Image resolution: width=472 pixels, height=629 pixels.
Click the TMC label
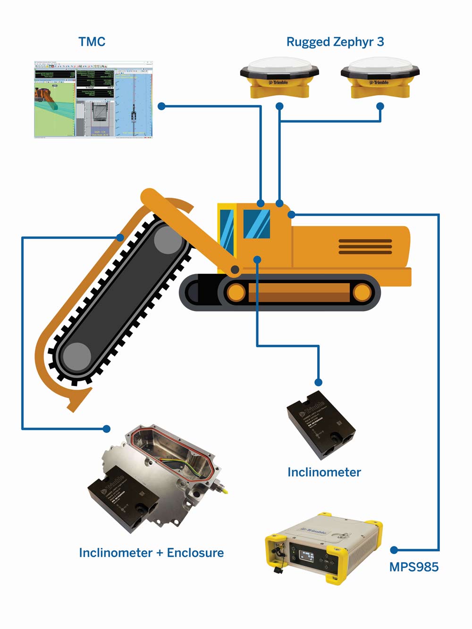92,42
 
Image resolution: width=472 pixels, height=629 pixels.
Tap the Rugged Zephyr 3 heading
335,42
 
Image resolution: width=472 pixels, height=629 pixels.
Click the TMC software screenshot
93,99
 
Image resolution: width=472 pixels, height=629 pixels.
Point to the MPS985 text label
413,567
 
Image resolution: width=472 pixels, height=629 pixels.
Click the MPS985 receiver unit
323,547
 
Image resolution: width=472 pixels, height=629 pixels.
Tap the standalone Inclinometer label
324,472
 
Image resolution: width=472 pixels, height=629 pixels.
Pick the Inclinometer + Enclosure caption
151,553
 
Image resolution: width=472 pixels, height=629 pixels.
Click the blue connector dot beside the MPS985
394,550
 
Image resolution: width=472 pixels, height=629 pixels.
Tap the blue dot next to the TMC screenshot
161,106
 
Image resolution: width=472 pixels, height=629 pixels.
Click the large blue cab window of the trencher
257,224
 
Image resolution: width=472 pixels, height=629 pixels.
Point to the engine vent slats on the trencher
365,246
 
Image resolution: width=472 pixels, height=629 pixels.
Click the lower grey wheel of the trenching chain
76,357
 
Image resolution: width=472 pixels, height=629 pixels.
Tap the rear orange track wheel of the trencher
362,293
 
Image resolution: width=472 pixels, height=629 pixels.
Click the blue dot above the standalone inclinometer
319,382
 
